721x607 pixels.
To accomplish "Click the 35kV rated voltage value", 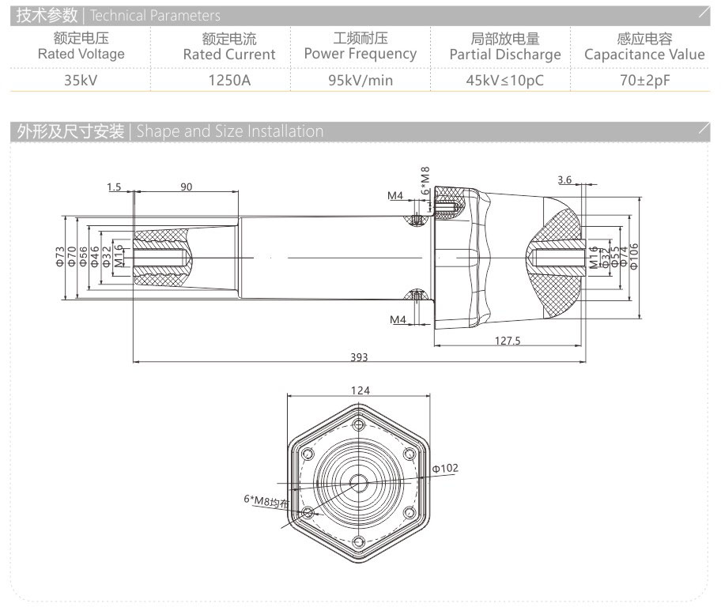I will pos(81,80).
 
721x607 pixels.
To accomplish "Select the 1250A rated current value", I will pos(229,80).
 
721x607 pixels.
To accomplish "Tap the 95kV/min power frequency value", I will pos(360,80).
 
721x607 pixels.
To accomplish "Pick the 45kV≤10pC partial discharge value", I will pos(505,80).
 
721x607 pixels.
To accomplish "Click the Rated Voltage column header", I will pos(81,47).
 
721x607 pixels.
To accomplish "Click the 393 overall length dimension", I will pos(359,357).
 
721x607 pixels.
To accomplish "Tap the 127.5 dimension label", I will pos(507,341).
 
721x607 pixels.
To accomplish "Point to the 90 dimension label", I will pos(187,187).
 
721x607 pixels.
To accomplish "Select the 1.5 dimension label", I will pos(113,187).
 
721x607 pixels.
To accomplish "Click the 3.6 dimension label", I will pos(564,180).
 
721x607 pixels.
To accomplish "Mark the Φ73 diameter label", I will pos(60,258).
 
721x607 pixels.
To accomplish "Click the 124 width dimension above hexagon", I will pos(360,390).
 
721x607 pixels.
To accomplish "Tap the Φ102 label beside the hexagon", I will pos(445,469).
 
